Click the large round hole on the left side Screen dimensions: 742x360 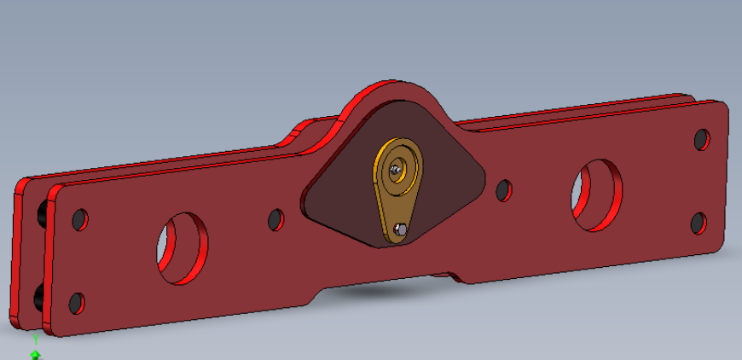tap(183, 248)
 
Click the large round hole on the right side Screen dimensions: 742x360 tap(597, 195)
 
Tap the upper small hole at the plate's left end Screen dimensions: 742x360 tap(80, 220)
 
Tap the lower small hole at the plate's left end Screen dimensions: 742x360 tap(77, 303)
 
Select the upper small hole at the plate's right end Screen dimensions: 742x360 tap(702, 140)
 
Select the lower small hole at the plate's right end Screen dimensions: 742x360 tap(699, 224)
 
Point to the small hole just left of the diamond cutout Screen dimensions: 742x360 tap(275, 220)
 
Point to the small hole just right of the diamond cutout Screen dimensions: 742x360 tap(504, 190)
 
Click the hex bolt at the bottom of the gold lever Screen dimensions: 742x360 tap(400, 230)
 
